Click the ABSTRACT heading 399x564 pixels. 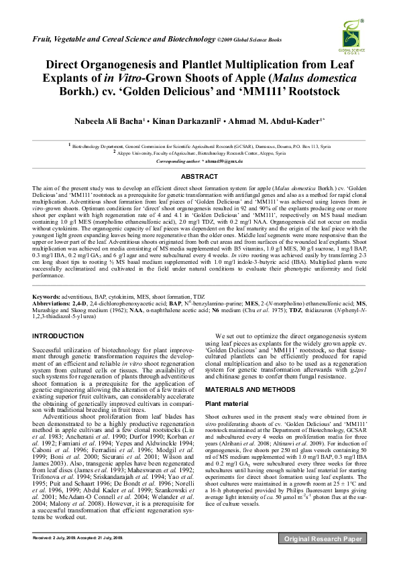click(199, 177)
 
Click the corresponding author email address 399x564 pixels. click(225, 162)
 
